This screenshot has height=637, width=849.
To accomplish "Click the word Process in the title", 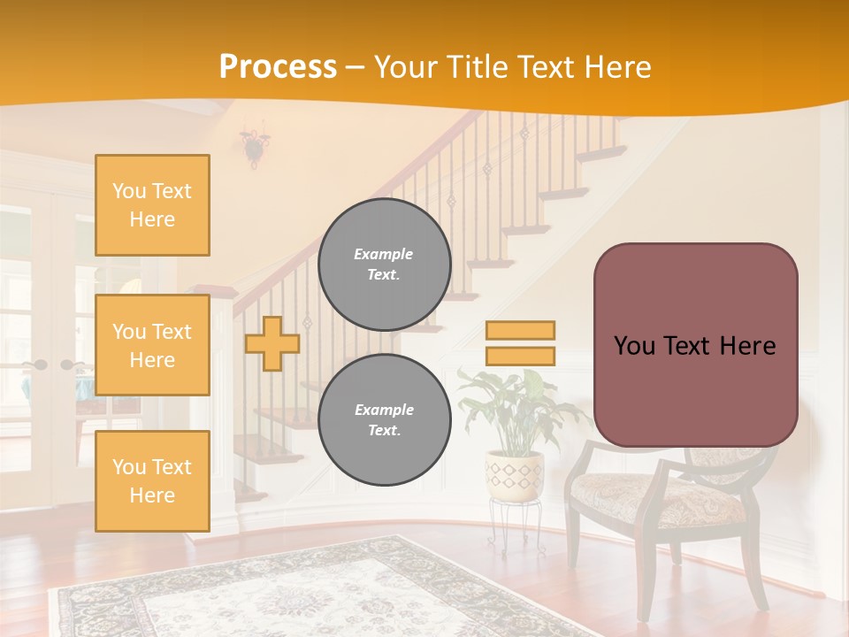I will (x=278, y=66).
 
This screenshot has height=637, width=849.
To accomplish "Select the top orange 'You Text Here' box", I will (x=152, y=205).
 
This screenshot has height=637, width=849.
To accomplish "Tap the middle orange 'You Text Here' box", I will (x=152, y=345).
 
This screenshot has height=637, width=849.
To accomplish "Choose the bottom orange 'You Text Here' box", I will (x=152, y=480).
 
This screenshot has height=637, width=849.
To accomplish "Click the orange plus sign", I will (x=272, y=343).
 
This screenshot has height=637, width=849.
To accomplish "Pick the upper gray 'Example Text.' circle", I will (x=385, y=265).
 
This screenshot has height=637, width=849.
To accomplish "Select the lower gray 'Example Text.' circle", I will (x=385, y=420).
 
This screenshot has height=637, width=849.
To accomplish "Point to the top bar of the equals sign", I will (x=520, y=330).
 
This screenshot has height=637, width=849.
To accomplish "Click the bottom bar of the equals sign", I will (x=520, y=356).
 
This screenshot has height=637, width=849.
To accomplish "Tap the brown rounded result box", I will (x=696, y=345).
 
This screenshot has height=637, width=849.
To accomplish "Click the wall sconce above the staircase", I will (x=255, y=146).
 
